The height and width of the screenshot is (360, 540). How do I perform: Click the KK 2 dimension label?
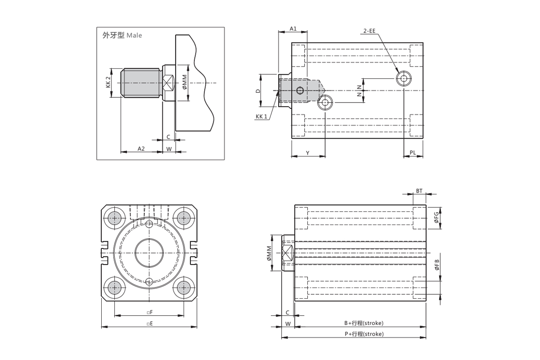(x=108, y=82)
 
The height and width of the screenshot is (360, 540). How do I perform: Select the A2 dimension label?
(x=141, y=148)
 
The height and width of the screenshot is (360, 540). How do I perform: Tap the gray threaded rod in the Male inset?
(x=142, y=83)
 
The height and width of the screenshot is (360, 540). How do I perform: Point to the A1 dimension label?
(x=293, y=28)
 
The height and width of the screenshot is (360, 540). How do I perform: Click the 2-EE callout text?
(x=369, y=31)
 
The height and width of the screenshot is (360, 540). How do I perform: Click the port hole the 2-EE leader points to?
(x=404, y=79)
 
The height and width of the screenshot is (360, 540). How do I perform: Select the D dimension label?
(x=258, y=91)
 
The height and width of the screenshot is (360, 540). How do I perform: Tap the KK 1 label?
(x=261, y=117)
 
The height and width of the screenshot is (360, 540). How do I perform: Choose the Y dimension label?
(x=308, y=153)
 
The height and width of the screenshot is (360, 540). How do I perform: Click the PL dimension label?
(x=413, y=153)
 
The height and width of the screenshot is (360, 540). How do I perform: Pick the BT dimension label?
(x=419, y=191)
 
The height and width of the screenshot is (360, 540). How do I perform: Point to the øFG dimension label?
(x=436, y=218)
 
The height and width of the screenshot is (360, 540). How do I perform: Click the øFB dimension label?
(x=436, y=265)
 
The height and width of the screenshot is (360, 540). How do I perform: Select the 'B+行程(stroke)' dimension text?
(x=364, y=323)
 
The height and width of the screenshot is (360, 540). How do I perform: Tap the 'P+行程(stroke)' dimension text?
(x=364, y=334)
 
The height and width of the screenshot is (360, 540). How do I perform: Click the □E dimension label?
(x=149, y=323)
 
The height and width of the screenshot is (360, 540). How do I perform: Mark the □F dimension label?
(x=149, y=312)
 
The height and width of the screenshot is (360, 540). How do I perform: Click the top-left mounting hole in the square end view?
(x=115, y=218)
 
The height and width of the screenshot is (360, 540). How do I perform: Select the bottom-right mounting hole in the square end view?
(x=183, y=287)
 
